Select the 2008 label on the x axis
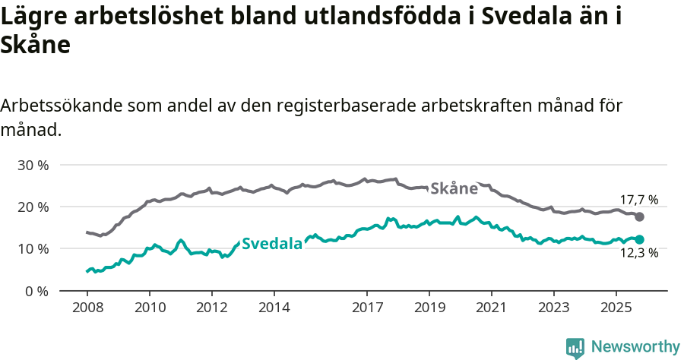(x=87, y=310)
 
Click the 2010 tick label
(x=149, y=310)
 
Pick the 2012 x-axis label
(x=211, y=310)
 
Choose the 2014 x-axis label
(x=274, y=310)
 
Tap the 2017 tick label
(x=367, y=310)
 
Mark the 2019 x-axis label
(x=429, y=310)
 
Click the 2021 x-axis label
(x=491, y=310)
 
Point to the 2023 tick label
(x=553, y=310)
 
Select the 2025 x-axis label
(x=616, y=310)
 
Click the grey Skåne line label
(x=454, y=188)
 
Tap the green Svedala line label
(x=272, y=244)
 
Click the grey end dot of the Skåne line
(x=640, y=216)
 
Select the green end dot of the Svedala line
(x=640, y=239)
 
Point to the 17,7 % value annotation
(x=639, y=200)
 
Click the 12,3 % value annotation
(x=639, y=254)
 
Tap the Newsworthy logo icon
(x=575, y=348)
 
